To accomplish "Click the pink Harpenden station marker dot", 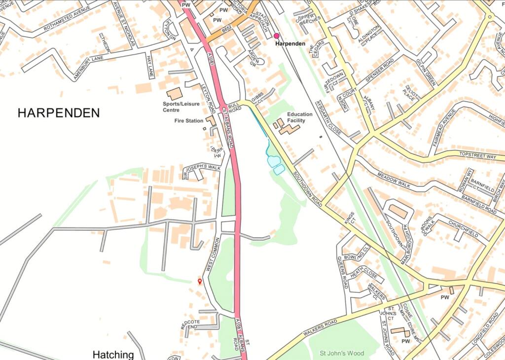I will (276, 36).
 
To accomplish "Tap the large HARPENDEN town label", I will (59, 113).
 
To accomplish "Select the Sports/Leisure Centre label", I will (181, 107).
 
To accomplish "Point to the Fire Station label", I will (189, 120).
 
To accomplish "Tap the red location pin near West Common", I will (200, 281).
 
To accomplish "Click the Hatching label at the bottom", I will (113, 355).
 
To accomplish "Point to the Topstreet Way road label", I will (477, 156).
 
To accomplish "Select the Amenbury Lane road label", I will (89, 66).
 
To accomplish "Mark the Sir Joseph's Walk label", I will (202, 171).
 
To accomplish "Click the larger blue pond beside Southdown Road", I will (273, 161).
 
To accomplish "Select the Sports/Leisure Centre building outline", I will (174, 93).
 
